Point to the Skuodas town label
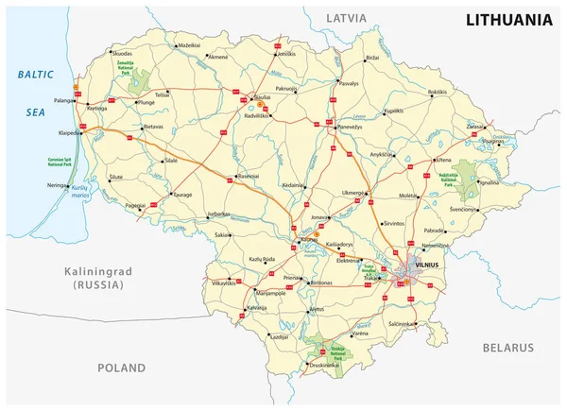[x=122, y=55]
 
